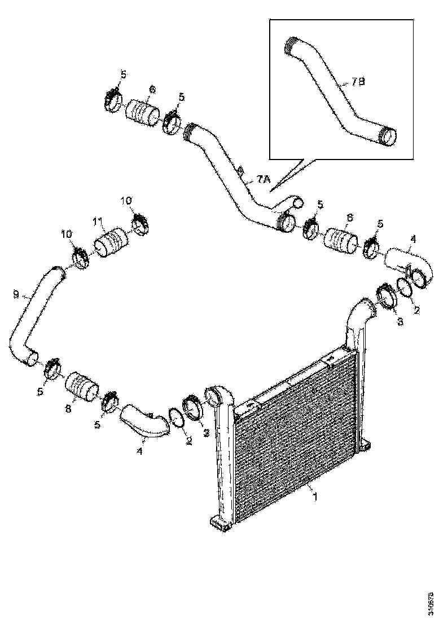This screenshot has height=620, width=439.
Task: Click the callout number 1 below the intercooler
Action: coord(315,497)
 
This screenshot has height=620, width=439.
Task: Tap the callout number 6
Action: coord(152,90)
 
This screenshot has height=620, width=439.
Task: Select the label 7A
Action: coord(264,179)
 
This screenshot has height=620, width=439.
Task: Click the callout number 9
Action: coord(16,294)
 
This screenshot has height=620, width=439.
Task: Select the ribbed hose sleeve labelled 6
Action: coord(142,112)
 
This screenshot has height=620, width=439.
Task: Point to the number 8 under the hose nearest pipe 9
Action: coord(68,410)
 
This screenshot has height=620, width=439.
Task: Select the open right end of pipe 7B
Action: coord(389,136)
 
